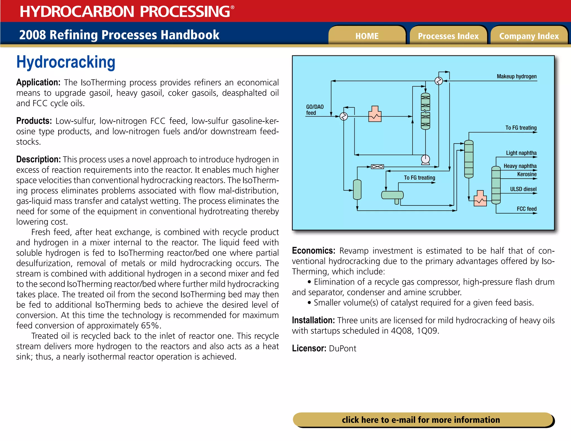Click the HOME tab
[367, 36]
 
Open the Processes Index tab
[448, 36]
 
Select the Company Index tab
[529, 36]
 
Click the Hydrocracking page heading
[66, 62]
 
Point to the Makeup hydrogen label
[516, 76]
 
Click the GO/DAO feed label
[314, 110]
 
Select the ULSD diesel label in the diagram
[523, 189]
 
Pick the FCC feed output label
[526, 209]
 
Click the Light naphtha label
[521, 153]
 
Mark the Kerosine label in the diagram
[527, 174]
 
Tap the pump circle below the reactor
[425, 159]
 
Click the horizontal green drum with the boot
[392, 195]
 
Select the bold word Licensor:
[309, 348]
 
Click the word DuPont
[342, 348]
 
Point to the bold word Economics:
[313, 251]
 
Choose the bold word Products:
[34, 121]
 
